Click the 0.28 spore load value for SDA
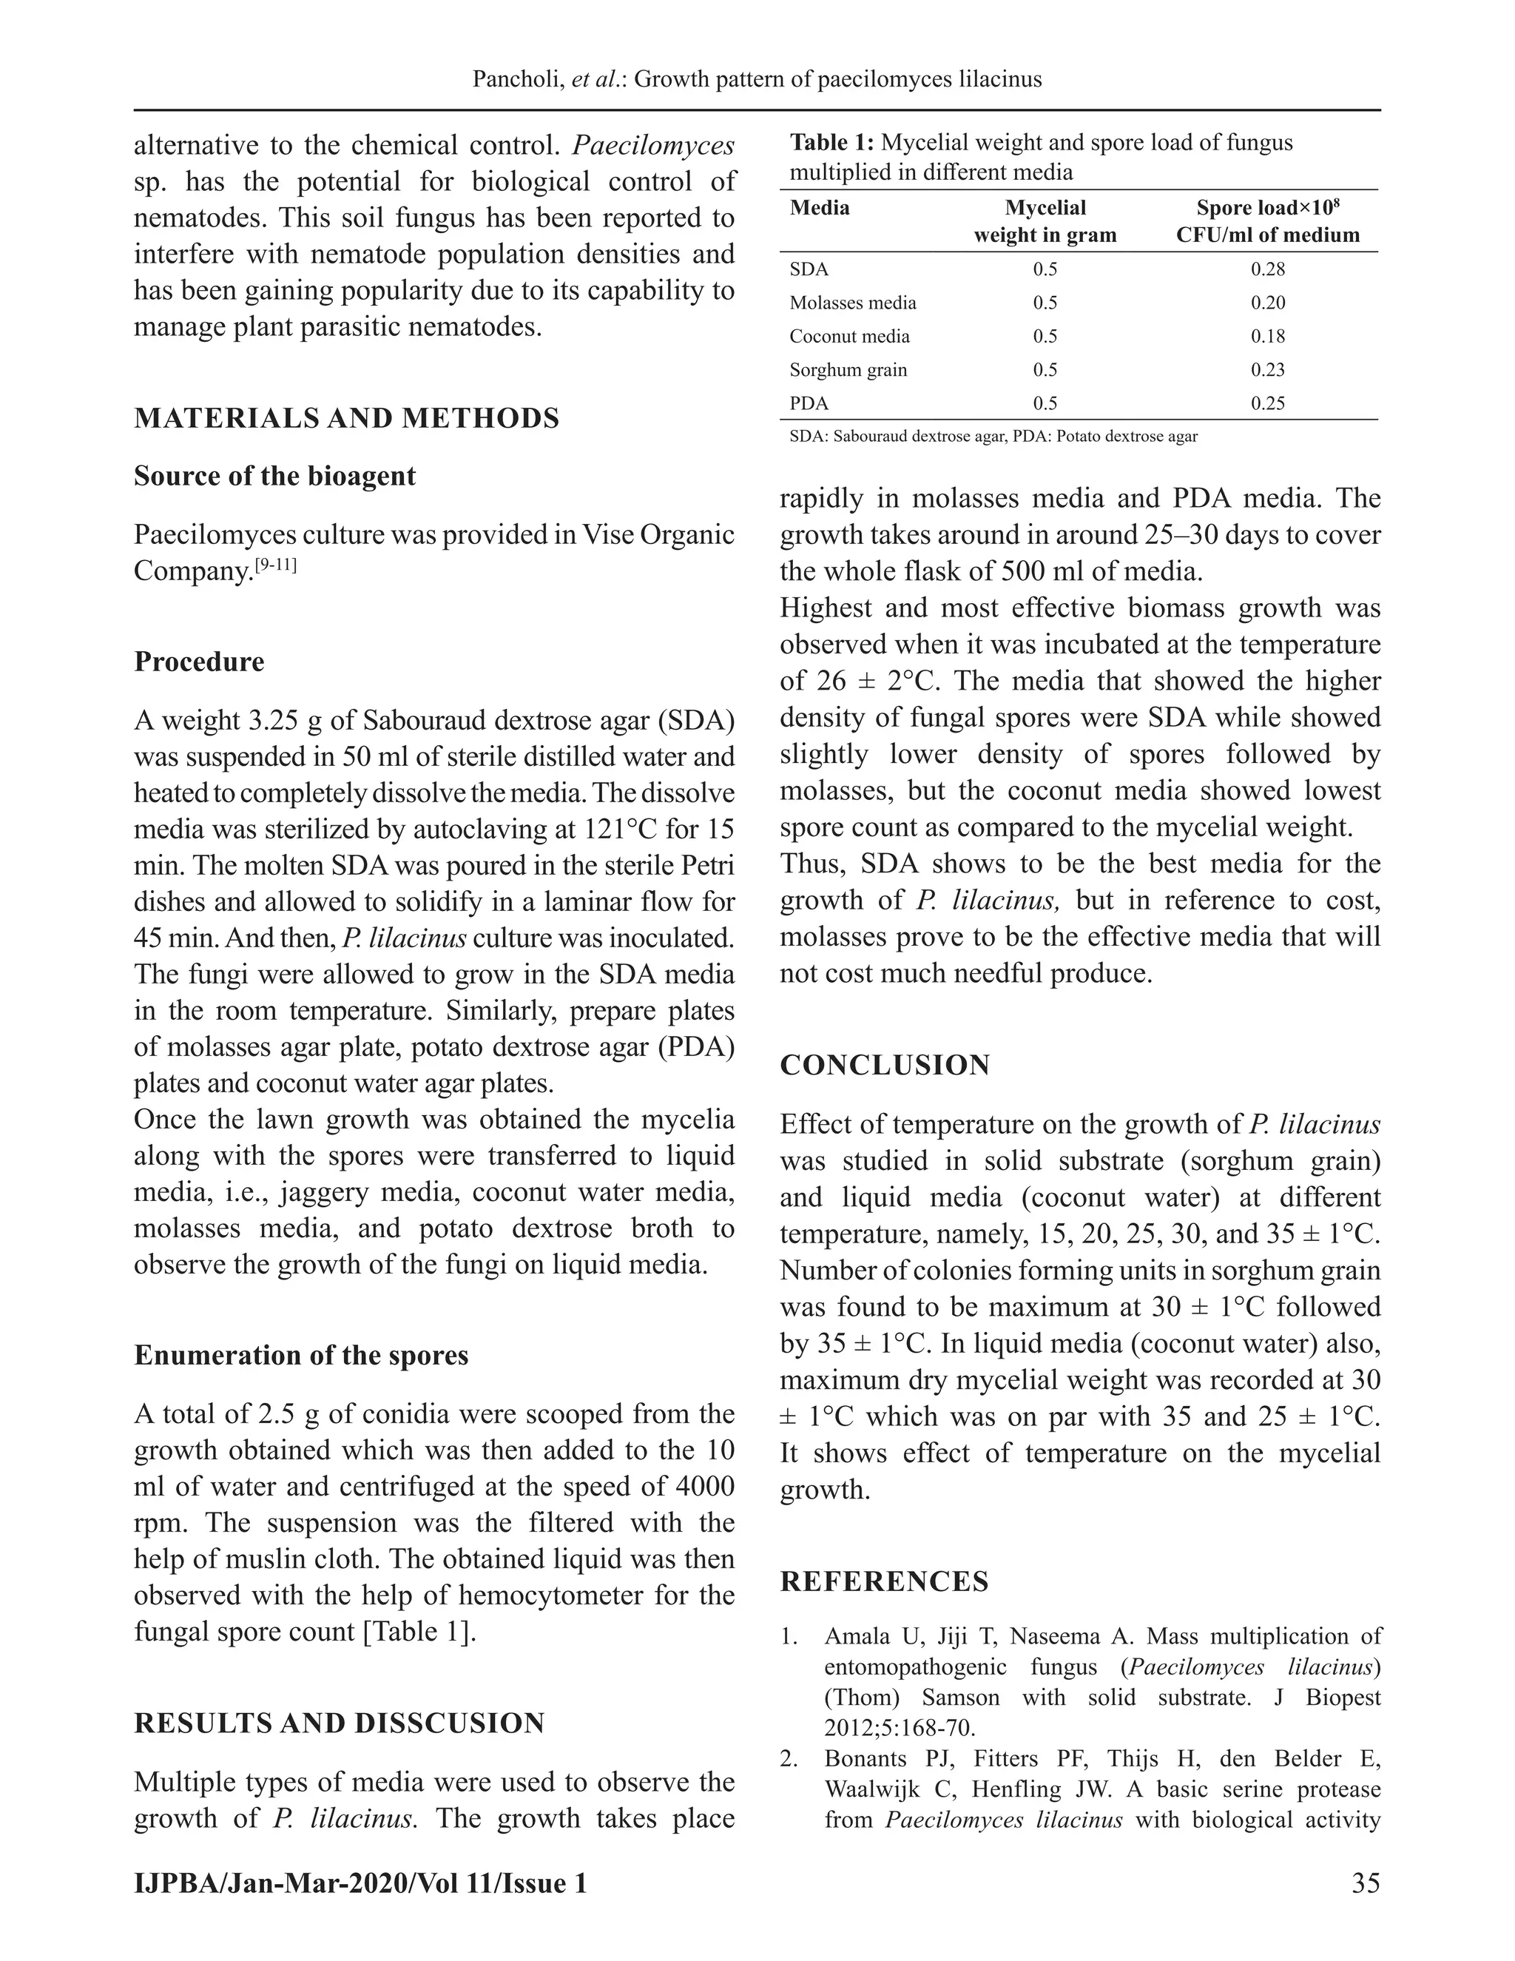[1267, 269]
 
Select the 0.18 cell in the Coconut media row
[1267, 337]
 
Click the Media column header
[819, 209]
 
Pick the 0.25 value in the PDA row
[1267, 403]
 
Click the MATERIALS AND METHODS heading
[346, 418]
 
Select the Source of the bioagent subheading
[274, 476]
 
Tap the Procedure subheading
[199, 662]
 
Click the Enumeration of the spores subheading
[300, 1355]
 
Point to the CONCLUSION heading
[884, 1065]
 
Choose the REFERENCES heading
[884, 1581]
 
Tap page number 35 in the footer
[1364, 1883]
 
